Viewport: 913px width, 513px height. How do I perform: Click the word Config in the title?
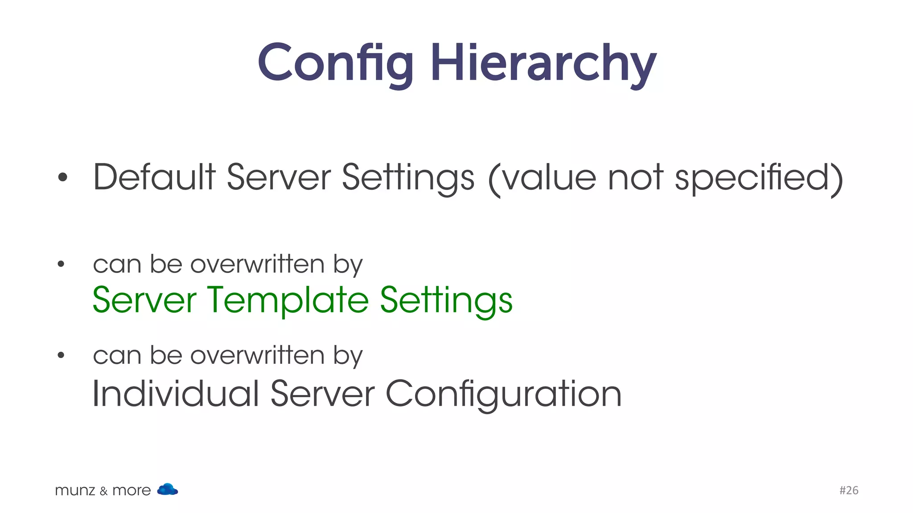pos(335,63)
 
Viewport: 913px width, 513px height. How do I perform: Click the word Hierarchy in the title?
pos(543,63)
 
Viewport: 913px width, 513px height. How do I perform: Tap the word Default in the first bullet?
pos(154,177)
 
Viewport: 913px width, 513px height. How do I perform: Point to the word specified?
pos(757,177)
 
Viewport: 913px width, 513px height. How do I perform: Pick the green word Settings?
pos(446,301)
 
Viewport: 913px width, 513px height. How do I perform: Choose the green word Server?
pos(144,300)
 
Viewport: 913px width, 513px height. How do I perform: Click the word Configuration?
pos(503,394)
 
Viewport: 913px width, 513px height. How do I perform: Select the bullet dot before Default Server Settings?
pos(62,177)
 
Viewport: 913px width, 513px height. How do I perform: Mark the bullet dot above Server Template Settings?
pos(61,265)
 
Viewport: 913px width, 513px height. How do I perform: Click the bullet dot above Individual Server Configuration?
pos(61,355)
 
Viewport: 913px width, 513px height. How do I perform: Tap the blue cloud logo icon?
pos(168,489)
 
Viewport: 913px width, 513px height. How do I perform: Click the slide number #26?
pos(849,490)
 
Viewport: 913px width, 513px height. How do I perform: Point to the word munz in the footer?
pos(75,491)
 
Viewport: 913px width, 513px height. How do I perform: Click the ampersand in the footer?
pos(104,491)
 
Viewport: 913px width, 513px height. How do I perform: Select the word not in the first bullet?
pos(636,177)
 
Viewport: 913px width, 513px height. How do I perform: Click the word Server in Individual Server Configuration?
pos(322,393)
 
